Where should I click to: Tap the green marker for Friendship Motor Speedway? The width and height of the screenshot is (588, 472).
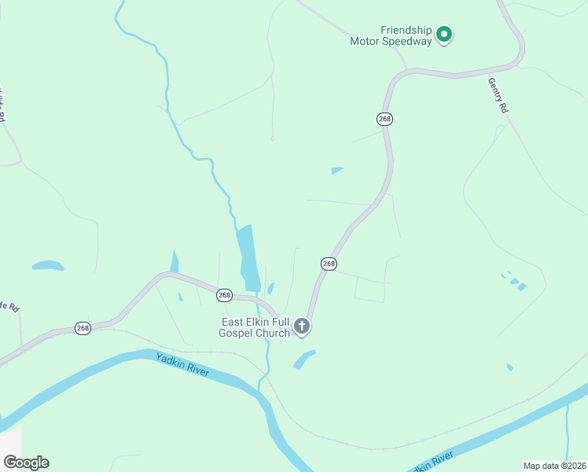[444, 35]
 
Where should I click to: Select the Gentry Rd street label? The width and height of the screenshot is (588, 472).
[498, 97]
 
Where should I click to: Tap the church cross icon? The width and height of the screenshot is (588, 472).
[302, 326]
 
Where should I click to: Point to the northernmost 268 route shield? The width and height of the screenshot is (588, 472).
[384, 119]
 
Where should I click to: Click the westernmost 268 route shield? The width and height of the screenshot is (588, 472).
[83, 327]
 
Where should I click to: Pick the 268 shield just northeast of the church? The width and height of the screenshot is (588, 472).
[329, 264]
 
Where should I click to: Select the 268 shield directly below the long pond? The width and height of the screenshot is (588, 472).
[224, 295]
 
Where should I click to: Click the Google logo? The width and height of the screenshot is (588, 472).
[26, 463]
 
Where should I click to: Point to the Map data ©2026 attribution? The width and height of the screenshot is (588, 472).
[553, 466]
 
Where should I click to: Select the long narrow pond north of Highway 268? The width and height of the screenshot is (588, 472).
[248, 256]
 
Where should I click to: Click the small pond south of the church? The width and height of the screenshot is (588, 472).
[303, 360]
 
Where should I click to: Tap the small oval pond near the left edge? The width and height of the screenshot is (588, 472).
[47, 266]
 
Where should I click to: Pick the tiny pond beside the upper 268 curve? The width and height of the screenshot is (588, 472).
[337, 170]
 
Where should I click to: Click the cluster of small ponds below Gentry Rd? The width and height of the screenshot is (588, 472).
[513, 280]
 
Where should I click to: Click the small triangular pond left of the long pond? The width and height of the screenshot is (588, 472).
[174, 261]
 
